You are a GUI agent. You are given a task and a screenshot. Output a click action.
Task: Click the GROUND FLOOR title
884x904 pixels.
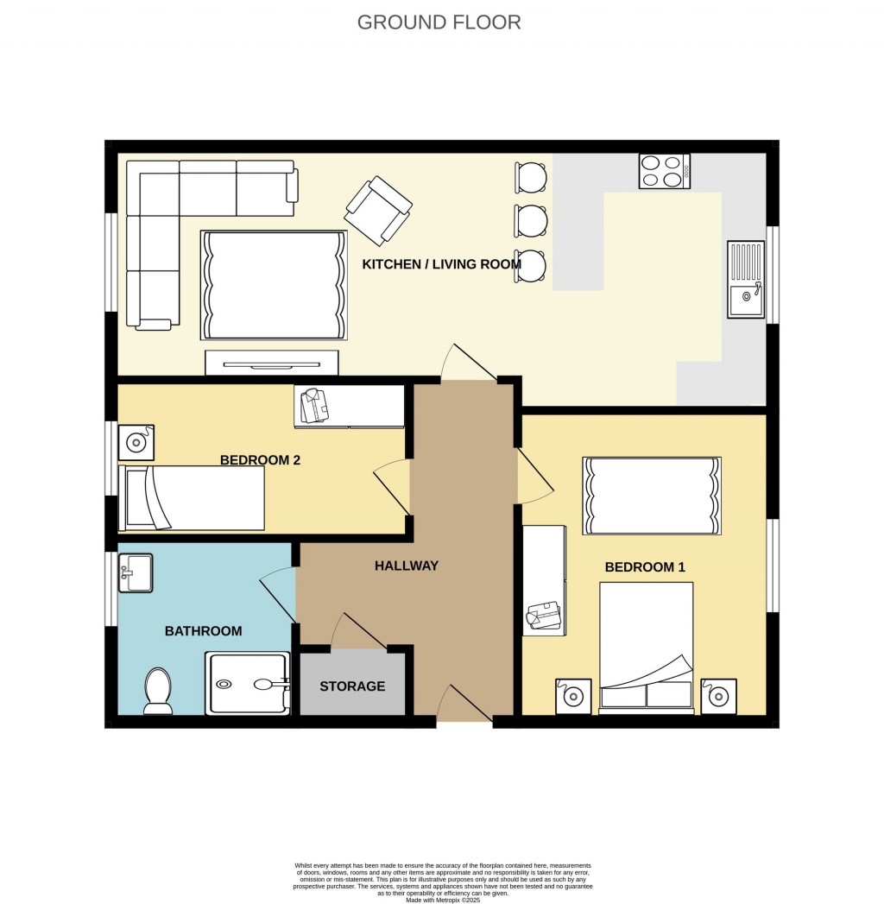[439, 22]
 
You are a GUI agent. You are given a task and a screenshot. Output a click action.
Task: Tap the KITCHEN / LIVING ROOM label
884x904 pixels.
[441, 264]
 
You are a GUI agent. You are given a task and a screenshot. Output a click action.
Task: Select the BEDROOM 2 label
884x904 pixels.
[260, 460]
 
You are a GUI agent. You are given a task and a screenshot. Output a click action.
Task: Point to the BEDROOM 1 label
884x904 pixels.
[644, 567]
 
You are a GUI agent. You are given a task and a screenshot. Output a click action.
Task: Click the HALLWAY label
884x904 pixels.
[407, 566]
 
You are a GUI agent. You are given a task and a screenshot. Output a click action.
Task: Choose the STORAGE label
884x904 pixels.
[352, 686]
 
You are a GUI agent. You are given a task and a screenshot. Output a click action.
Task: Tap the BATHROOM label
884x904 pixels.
[203, 631]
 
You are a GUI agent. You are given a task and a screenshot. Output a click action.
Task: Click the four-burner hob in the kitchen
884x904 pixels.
[664, 170]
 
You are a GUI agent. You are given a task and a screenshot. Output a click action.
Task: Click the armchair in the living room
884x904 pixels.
[378, 210]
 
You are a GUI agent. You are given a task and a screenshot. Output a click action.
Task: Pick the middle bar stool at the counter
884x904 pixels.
[530, 220]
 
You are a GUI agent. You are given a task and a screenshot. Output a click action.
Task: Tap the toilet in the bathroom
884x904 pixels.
[158, 691]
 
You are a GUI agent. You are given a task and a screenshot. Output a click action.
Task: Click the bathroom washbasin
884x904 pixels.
[136, 572]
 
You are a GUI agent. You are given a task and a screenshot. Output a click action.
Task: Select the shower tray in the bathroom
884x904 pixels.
[247, 684]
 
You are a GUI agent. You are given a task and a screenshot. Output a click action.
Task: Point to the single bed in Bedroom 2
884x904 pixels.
[192, 498]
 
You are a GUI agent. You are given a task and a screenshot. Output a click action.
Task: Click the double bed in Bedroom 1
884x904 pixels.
[647, 648]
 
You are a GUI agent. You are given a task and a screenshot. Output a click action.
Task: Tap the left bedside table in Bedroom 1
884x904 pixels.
[572, 696]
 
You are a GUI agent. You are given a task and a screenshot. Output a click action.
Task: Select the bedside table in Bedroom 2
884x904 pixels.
[136, 442]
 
